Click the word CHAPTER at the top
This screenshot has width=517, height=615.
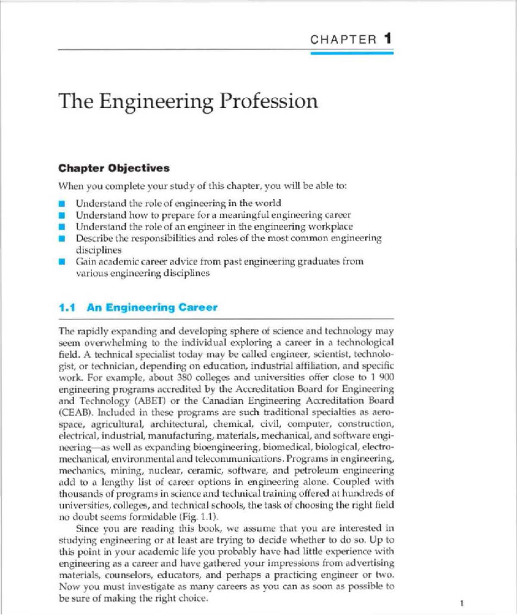tap(343, 40)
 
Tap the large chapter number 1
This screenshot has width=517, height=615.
tap(388, 39)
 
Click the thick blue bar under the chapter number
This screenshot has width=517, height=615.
tap(352, 53)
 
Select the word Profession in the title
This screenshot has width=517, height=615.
tap(269, 101)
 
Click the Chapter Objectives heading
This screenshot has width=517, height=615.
tap(114, 168)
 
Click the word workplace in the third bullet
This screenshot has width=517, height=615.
tap(331, 227)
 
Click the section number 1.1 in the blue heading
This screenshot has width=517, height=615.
tap(67, 307)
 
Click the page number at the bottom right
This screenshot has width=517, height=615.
tap(462, 603)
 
